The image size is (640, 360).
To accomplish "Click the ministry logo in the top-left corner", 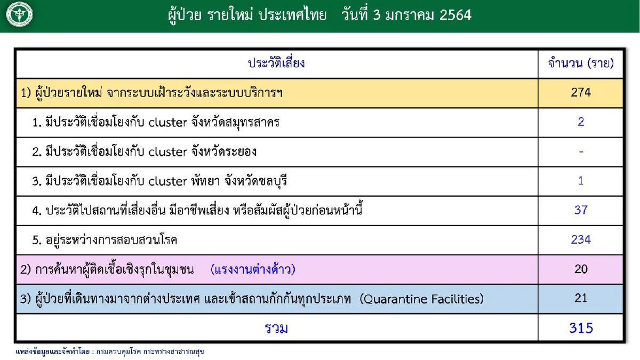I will [19, 15].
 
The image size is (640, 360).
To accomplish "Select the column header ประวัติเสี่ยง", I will [276, 63].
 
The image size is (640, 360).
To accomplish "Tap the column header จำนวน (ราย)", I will [581, 63].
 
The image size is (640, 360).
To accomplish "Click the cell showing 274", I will [581, 93].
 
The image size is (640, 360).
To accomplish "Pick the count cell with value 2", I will [581, 122].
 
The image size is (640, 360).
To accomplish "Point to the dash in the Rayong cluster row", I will [581, 151].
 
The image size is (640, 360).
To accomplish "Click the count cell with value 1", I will [581, 181].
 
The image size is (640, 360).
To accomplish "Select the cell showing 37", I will [581, 210].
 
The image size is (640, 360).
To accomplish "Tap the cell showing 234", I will [581, 239].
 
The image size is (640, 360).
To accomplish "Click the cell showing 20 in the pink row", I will [581, 269].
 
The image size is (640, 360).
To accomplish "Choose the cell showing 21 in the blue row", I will [581, 298].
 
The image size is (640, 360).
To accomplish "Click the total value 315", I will [581, 328].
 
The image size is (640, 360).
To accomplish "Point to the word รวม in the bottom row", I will [276, 328].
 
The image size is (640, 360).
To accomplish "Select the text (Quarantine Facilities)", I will [422, 299].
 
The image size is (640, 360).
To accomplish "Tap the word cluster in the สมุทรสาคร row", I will [167, 123].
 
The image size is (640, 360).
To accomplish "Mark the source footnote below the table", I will [110, 352].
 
